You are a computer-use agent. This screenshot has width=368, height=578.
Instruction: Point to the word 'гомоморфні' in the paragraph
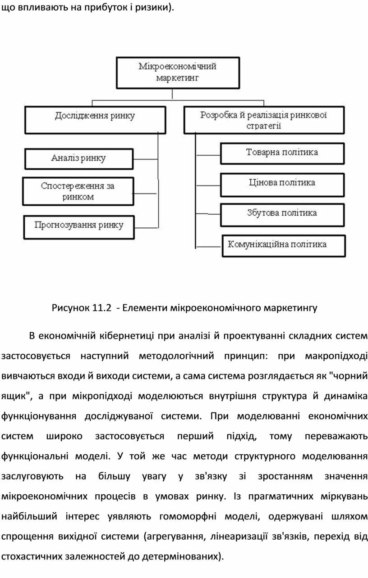(x=188, y=516)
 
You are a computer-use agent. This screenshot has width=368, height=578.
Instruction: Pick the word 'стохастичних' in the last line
(x=32, y=556)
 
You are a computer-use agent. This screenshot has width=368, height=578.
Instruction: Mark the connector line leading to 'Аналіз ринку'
(x=146, y=159)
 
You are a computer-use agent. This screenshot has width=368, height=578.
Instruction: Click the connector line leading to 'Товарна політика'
(x=208, y=155)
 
